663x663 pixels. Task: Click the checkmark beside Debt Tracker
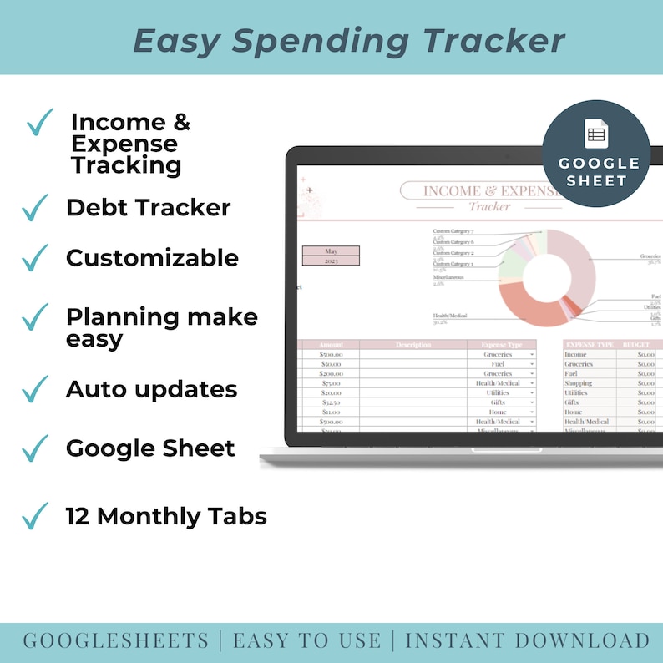coord(36,208)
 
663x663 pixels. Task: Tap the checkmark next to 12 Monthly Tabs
coord(36,517)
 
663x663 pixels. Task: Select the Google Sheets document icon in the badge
coord(595,134)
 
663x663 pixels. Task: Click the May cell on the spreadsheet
coord(331,251)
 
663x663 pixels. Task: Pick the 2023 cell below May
coord(331,261)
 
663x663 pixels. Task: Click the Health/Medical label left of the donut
coord(450,316)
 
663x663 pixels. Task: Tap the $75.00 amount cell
coord(330,383)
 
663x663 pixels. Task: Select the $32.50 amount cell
coord(330,402)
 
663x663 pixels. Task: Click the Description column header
coord(413,345)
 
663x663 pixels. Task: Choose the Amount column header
coord(330,345)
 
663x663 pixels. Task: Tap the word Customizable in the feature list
coord(152,258)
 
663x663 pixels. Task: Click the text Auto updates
coord(151,390)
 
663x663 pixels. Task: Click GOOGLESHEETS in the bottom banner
coord(116,641)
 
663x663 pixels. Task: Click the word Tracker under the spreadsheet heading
coord(489,206)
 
